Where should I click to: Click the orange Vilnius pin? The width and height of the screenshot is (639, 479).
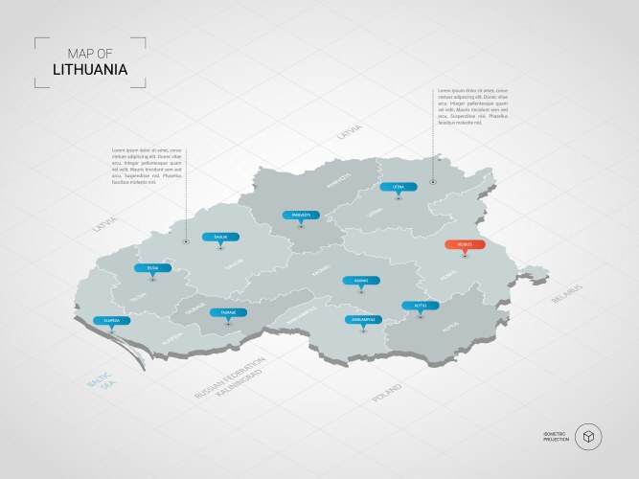coord(464,245)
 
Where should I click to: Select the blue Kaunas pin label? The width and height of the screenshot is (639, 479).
coord(360,281)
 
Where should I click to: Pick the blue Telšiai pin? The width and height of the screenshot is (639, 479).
coord(153,269)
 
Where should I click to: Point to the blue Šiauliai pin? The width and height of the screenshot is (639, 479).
coord(220,237)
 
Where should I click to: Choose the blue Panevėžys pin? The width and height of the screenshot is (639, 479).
coord(301,216)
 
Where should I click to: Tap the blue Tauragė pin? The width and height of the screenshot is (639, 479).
coord(228,312)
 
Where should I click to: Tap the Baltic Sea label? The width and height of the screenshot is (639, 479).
coord(100,390)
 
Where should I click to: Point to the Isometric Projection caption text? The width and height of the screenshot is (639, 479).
coord(556,437)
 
